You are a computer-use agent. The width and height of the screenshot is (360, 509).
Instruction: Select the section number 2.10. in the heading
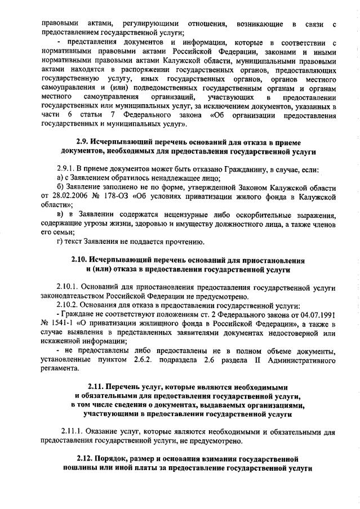tap(82, 261)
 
